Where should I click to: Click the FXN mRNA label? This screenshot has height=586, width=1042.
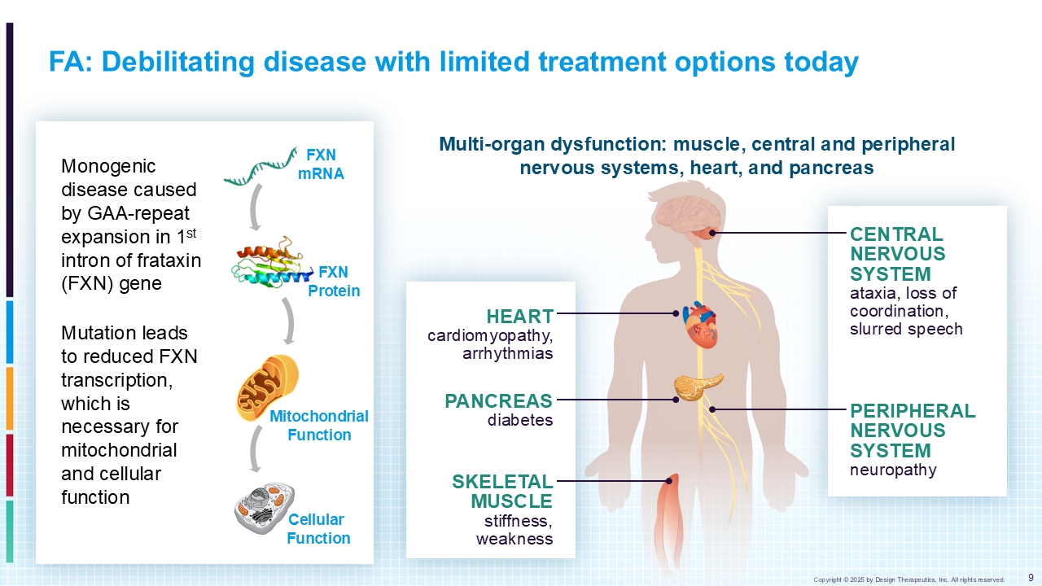(321, 164)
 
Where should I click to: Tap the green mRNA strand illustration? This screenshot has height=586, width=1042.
(260, 167)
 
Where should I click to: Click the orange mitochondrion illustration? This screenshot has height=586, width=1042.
(268, 388)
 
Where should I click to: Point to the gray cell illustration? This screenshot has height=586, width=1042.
(265, 508)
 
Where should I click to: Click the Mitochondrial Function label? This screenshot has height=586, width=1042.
(319, 426)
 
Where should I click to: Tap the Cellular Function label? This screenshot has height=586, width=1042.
(318, 529)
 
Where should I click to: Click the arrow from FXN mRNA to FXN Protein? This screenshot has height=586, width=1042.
(254, 208)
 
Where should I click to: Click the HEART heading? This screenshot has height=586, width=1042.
(520, 317)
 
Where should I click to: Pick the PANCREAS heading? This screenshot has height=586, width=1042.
(499, 401)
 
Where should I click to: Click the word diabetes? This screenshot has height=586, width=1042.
(520, 420)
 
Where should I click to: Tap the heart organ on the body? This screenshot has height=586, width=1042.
(700, 325)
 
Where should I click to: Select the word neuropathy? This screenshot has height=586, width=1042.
(893, 470)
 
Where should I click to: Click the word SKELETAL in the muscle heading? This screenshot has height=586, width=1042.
(502, 482)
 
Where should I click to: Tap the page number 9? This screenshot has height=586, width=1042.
(1031, 578)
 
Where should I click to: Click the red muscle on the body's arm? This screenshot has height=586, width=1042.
(668, 521)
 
